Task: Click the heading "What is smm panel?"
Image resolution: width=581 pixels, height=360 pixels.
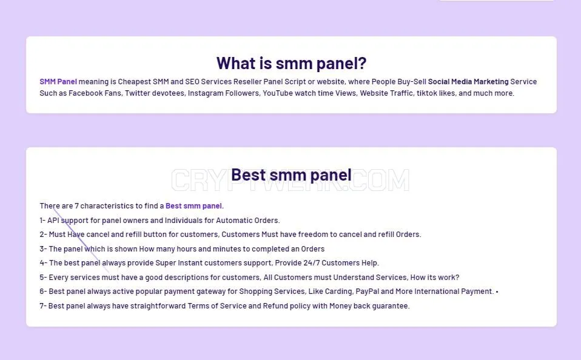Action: pos(291,63)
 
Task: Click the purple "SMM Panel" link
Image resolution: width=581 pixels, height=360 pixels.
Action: pos(58,81)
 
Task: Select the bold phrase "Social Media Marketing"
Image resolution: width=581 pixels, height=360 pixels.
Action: pos(468,81)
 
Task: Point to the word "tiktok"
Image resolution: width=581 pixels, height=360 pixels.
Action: pos(427,93)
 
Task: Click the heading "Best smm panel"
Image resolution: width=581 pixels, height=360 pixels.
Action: pos(291,175)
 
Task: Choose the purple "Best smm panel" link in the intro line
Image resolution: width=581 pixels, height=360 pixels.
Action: pos(193,206)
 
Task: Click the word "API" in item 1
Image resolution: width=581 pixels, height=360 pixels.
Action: pos(53,221)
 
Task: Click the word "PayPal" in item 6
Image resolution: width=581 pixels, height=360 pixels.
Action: pos(367,292)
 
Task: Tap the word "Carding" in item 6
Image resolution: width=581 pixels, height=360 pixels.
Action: pos(338,292)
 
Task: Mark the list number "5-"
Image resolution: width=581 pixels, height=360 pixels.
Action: pos(43,278)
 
